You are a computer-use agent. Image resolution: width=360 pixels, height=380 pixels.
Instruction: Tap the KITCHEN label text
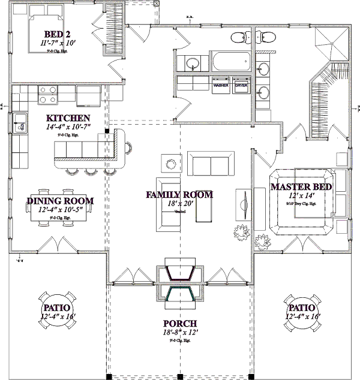[68, 119]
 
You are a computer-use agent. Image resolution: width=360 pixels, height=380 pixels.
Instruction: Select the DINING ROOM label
[60, 200]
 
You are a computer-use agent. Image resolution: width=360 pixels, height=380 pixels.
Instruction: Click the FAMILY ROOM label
[179, 195]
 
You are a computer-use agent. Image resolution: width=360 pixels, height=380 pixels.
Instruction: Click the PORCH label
[179, 324]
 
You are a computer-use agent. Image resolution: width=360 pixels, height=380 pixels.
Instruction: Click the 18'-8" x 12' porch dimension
[179, 333]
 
